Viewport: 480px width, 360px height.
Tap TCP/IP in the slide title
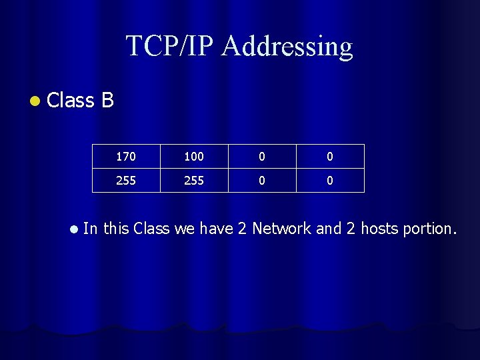(171, 46)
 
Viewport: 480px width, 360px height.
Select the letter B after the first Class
(108, 100)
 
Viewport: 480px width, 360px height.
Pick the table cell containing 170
(125, 157)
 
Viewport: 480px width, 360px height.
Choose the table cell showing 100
(194, 157)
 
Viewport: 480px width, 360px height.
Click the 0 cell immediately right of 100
(262, 157)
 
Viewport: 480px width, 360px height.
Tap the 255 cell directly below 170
(125, 181)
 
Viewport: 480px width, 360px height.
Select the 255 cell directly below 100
(194, 181)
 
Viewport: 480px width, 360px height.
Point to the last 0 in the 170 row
(330, 157)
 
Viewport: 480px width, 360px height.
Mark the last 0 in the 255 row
(330, 181)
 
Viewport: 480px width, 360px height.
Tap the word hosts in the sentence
(381, 229)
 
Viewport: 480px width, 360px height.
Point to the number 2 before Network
(242, 229)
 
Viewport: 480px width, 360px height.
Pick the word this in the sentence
(116, 229)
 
